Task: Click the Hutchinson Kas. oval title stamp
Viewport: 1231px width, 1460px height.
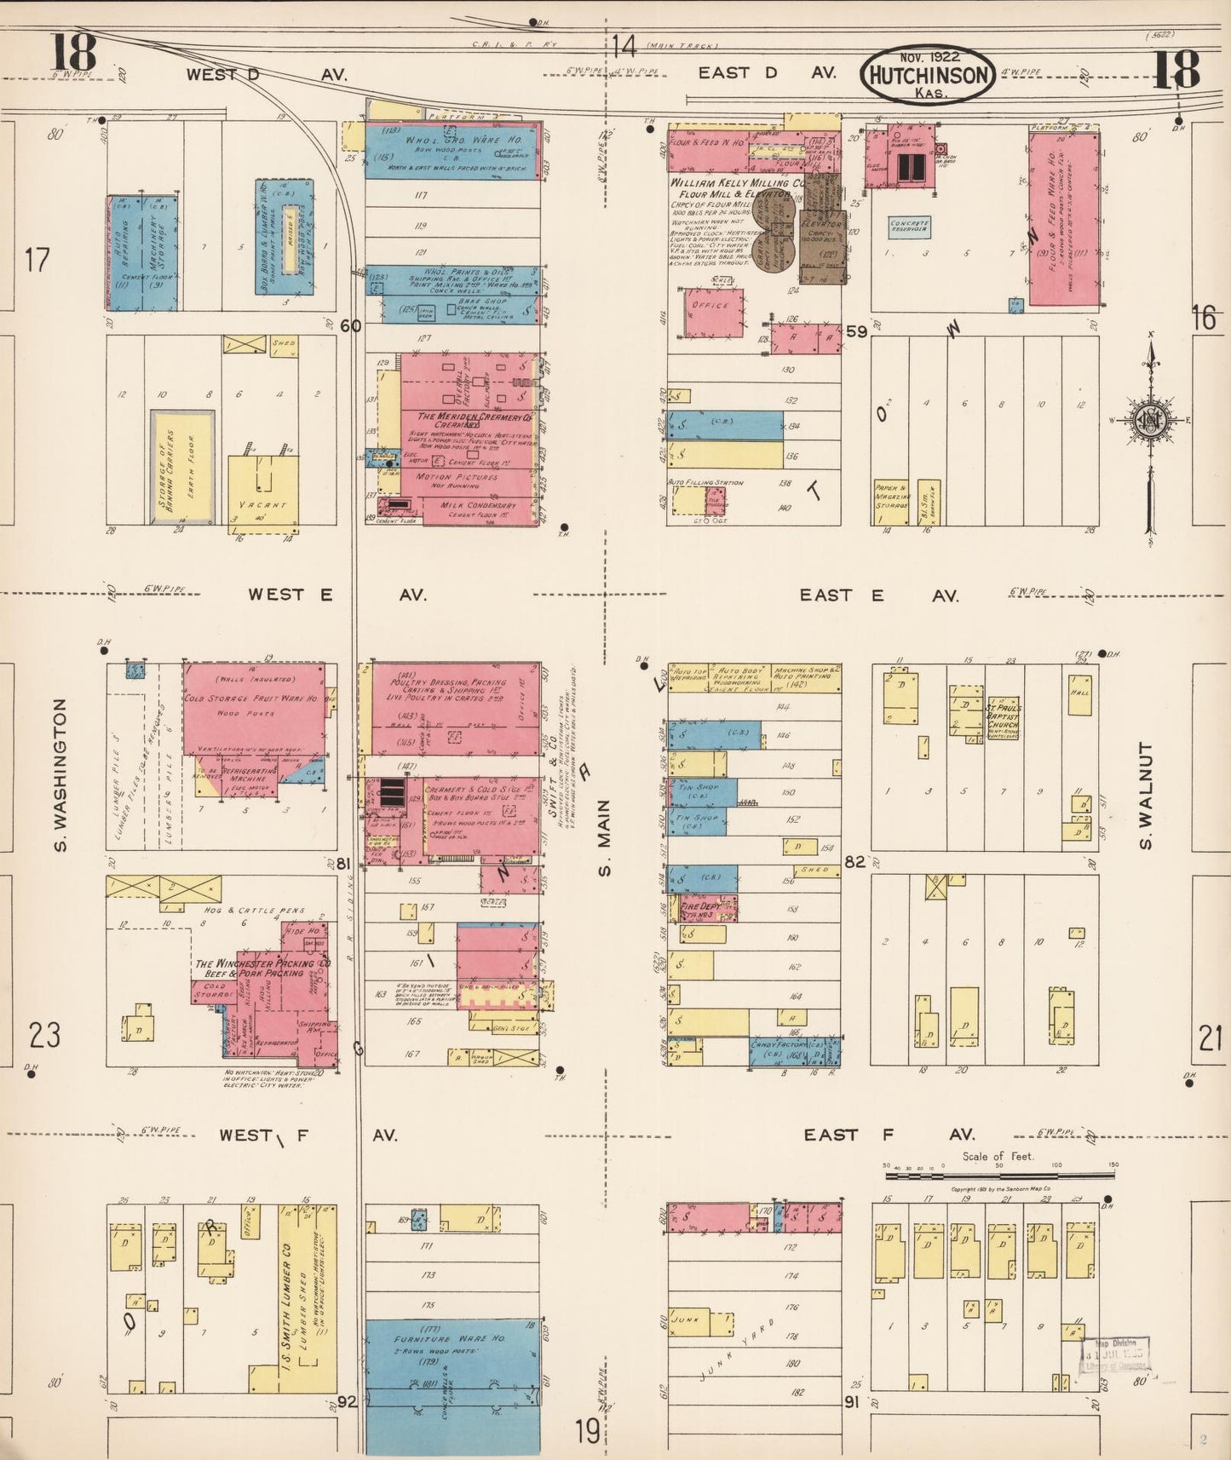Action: (928, 74)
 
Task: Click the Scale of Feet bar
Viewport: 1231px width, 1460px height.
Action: (998, 1175)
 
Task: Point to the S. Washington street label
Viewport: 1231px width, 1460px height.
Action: (60, 774)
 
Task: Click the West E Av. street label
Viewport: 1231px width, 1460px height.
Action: (337, 595)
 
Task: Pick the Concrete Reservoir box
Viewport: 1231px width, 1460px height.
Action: (909, 227)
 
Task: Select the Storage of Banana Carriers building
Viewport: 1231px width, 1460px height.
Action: (182, 467)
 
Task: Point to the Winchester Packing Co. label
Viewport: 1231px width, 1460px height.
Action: (262, 969)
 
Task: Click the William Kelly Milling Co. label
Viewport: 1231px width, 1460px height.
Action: (736, 183)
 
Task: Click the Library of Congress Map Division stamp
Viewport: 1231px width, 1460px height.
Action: (1115, 1356)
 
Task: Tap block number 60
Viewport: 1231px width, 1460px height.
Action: (350, 325)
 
